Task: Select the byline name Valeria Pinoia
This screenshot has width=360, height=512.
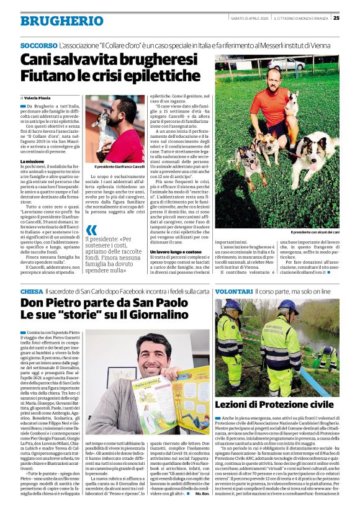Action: coord(39,98)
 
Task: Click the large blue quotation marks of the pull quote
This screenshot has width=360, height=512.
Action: coord(91,230)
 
